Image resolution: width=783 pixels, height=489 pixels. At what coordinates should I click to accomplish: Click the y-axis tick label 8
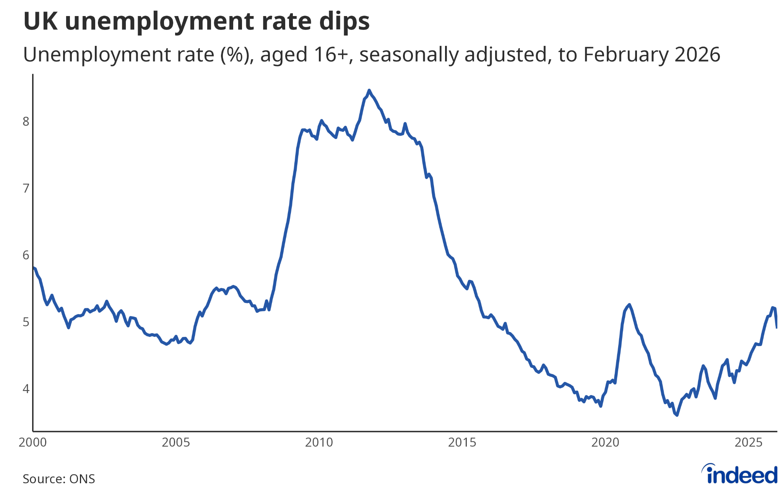pyautogui.click(x=26, y=121)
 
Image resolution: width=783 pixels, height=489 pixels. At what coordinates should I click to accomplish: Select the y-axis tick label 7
pyautogui.click(x=26, y=188)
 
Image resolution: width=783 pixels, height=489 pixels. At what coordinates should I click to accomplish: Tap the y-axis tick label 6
pyautogui.click(x=26, y=255)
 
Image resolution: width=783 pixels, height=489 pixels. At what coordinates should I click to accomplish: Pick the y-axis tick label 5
pyautogui.click(x=26, y=322)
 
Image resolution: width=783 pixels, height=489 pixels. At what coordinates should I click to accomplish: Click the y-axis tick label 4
pyautogui.click(x=26, y=389)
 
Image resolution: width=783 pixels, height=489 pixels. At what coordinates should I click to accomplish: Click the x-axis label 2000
pyautogui.click(x=33, y=442)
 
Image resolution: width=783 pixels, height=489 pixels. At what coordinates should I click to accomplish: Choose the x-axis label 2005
pyautogui.click(x=176, y=442)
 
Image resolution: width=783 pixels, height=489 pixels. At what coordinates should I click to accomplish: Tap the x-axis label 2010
pyautogui.click(x=319, y=442)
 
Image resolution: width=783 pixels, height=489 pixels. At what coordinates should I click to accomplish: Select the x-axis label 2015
pyautogui.click(x=462, y=442)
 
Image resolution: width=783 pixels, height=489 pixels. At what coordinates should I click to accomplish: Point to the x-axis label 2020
pyautogui.click(x=606, y=442)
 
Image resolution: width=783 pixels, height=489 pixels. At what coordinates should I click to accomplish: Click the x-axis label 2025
pyautogui.click(x=749, y=442)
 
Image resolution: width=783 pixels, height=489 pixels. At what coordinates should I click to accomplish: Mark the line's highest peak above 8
pyautogui.click(x=369, y=91)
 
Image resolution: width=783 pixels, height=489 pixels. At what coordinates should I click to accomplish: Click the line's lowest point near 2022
pyautogui.click(x=677, y=415)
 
